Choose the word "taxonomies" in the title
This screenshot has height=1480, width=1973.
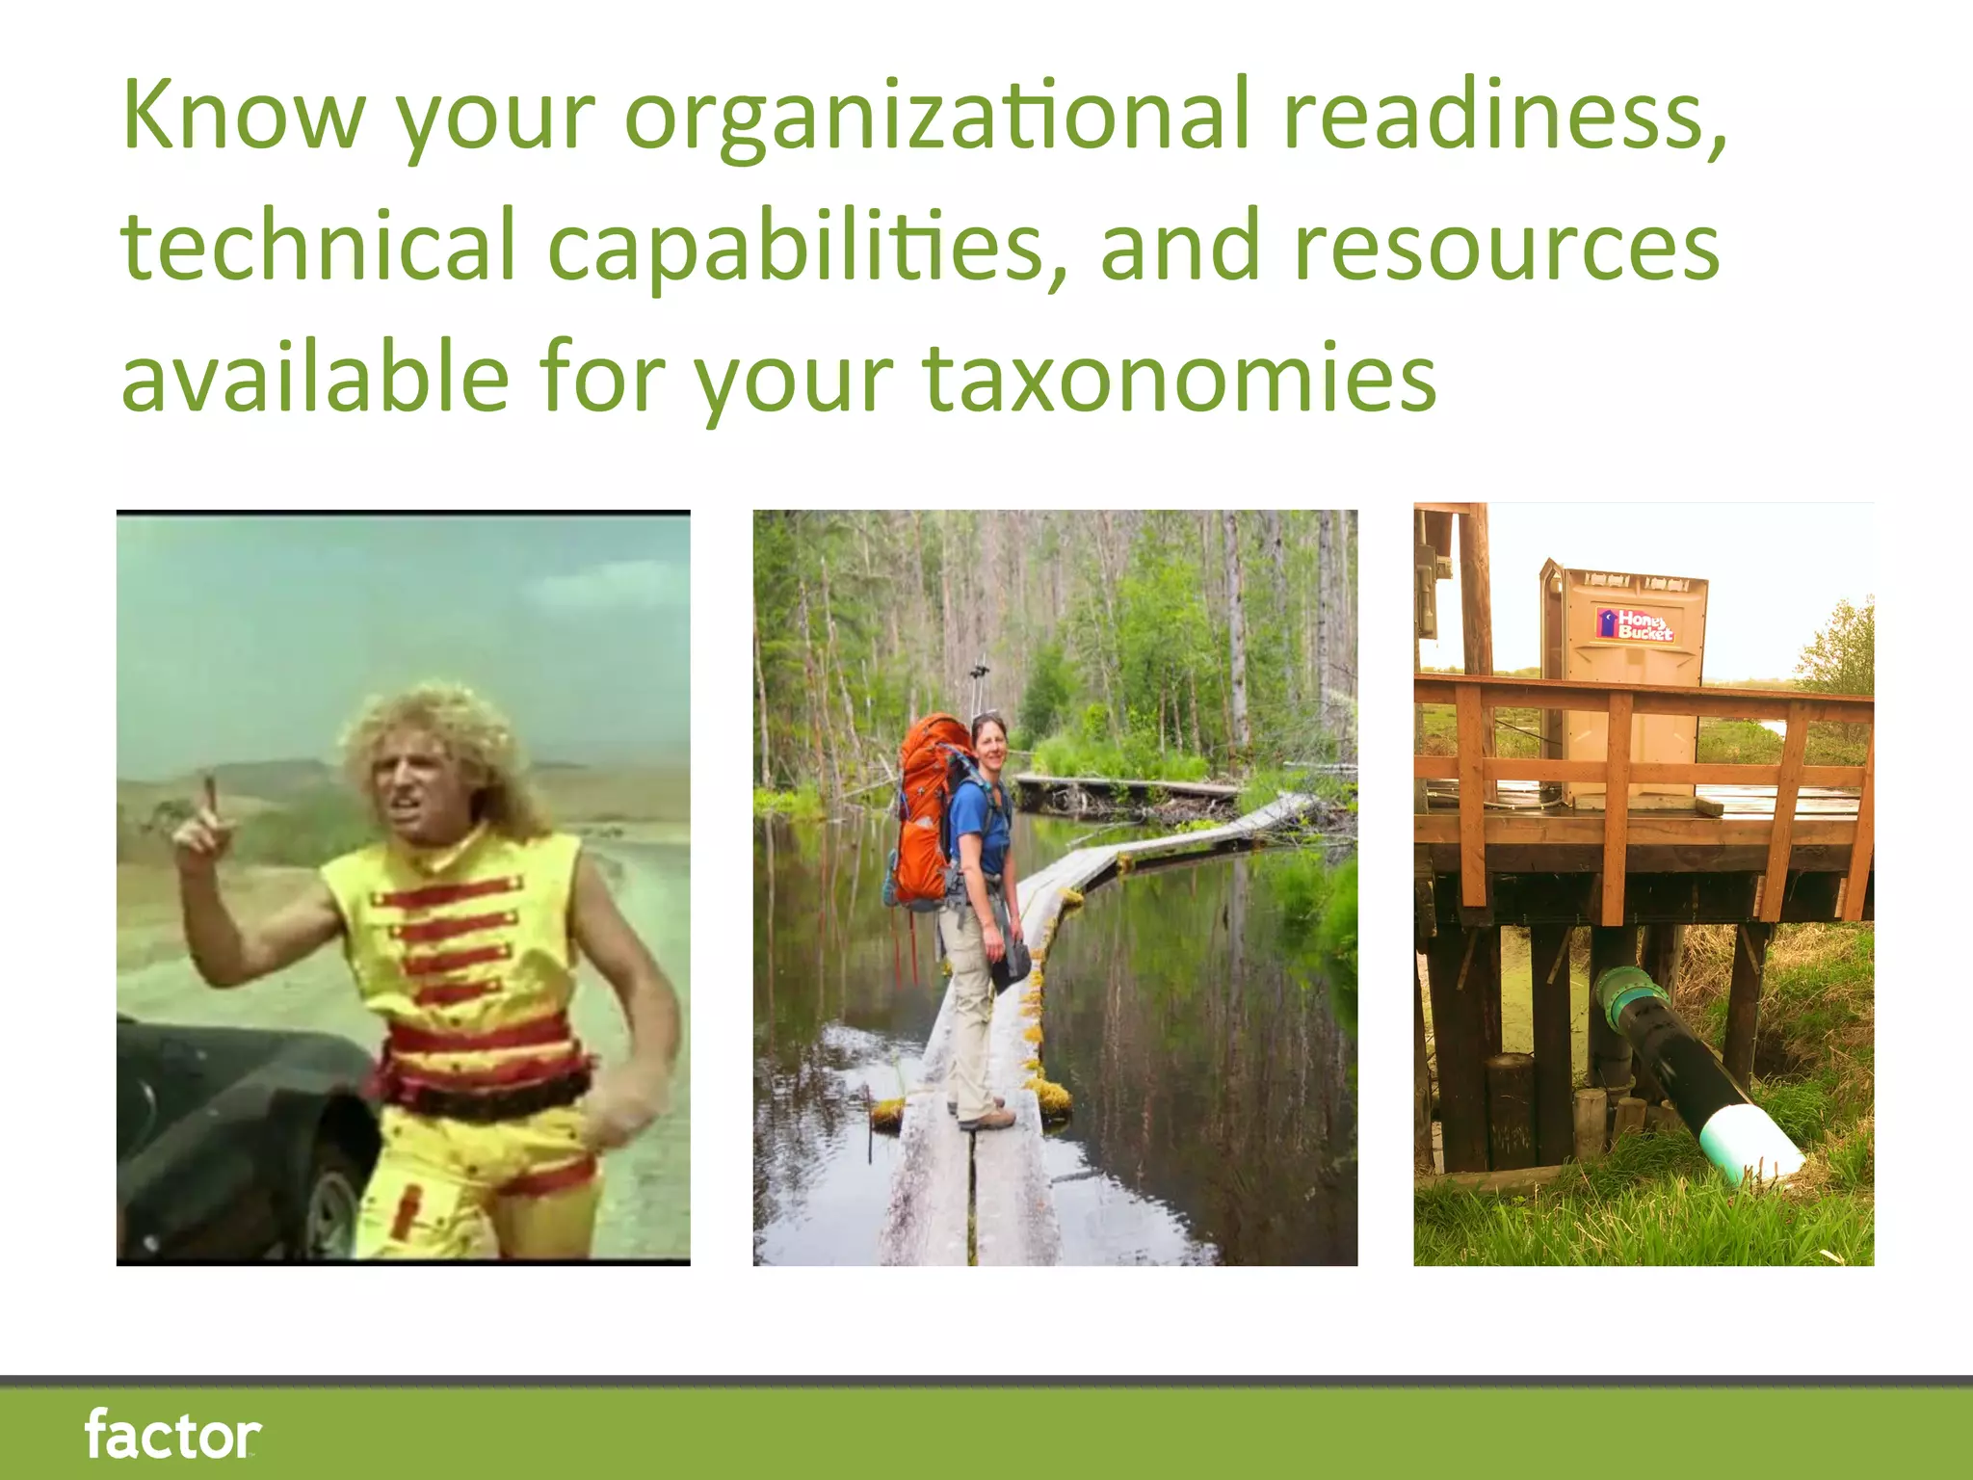[1179, 378]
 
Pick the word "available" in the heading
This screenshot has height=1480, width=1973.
[314, 378]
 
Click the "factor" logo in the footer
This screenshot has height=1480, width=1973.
[172, 1434]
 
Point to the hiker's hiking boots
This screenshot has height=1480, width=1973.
[985, 1118]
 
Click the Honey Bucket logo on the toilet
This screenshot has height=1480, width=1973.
[1637, 623]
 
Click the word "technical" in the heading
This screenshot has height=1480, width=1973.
[318, 247]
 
